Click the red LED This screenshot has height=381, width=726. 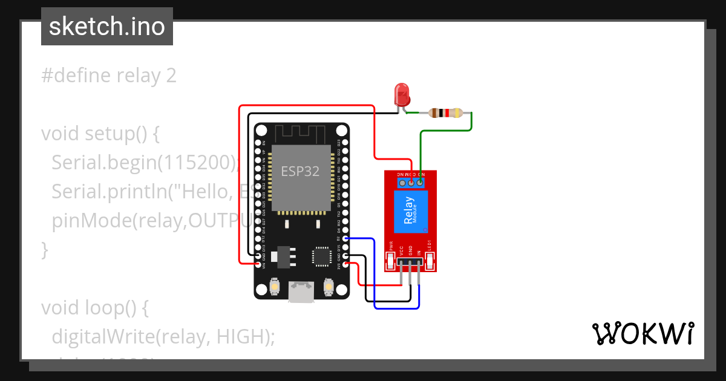pyautogui.click(x=402, y=94)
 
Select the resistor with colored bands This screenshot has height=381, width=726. pyautogui.click(x=445, y=112)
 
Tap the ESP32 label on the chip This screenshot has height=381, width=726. pyautogui.click(x=301, y=171)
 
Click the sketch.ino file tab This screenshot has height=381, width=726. pyautogui.click(x=107, y=27)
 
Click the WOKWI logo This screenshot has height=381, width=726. pyautogui.click(x=643, y=333)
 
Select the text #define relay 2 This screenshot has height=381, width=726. pyautogui.click(x=109, y=76)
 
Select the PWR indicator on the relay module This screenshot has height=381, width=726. pyautogui.click(x=391, y=261)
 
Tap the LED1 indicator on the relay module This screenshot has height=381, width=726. pyautogui.click(x=430, y=261)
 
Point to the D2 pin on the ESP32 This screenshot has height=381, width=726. pyautogui.click(x=345, y=238)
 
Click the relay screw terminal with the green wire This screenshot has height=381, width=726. pyautogui.click(x=420, y=181)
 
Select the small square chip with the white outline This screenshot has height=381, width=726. pyautogui.click(x=321, y=256)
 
